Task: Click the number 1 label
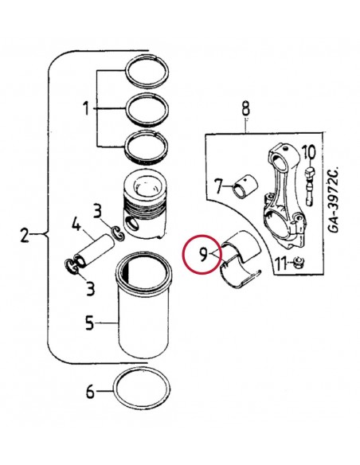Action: (85, 108)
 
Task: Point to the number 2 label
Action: (24, 235)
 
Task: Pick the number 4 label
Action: (76, 225)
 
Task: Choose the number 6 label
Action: (90, 391)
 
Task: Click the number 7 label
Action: (218, 188)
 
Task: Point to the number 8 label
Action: (245, 107)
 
